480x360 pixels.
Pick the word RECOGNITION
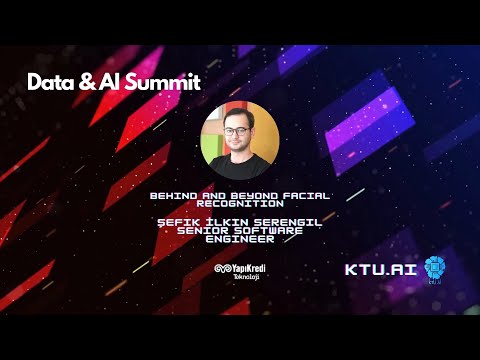click(x=240, y=202)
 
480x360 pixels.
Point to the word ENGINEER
click(x=240, y=239)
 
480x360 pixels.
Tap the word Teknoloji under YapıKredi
click(x=246, y=277)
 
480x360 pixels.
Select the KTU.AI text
click(x=380, y=269)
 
